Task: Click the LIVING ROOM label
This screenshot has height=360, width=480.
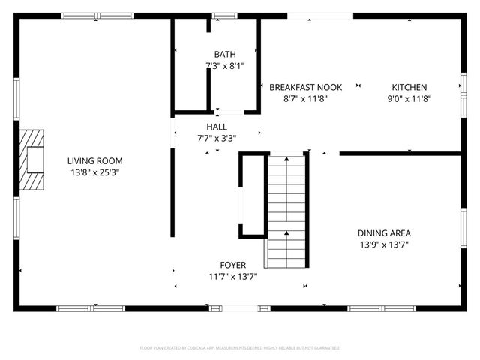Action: click(94, 161)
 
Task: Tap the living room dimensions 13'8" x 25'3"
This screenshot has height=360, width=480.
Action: click(94, 172)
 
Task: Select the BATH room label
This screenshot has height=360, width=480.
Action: click(224, 55)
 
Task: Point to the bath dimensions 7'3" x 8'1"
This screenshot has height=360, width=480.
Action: click(224, 66)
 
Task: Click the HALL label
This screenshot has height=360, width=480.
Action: click(217, 127)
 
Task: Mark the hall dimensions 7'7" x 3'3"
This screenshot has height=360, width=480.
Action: click(217, 138)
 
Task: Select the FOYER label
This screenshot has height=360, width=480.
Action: click(232, 265)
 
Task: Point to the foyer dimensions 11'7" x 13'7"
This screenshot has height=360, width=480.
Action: click(232, 276)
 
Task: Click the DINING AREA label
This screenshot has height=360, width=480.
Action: click(383, 233)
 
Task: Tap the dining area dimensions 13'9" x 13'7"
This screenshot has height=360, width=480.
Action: click(383, 244)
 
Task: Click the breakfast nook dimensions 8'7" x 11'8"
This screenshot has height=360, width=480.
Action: click(305, 98)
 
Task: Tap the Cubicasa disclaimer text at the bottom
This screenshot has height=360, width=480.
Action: click(240, 348)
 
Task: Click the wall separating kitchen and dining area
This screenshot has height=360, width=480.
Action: click(401, 154)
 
